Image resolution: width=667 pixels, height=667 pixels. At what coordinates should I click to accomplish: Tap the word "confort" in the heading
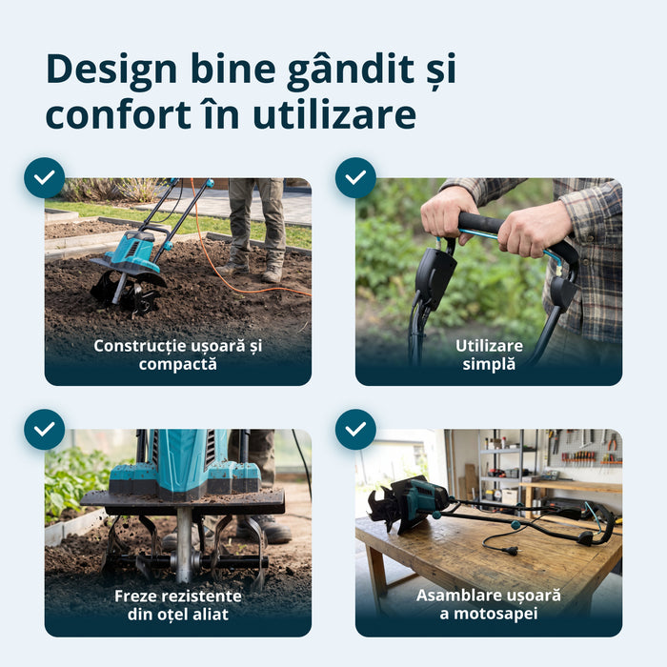(118, 114)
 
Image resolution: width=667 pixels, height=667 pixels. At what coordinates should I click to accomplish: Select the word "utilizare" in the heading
(334, 114)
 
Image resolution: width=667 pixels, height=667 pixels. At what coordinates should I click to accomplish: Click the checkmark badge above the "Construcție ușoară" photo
(45, 178)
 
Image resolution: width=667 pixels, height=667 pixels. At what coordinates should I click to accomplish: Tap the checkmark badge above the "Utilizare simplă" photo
(355, 178)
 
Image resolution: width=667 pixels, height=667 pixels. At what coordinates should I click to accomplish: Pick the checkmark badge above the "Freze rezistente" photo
(45, 429)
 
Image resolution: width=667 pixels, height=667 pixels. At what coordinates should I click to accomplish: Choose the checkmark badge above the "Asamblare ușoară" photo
(355, 429)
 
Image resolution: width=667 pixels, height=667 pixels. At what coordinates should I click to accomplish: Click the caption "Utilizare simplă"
(489, 354)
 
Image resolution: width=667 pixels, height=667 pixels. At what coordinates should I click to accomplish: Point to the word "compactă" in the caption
(178, 365)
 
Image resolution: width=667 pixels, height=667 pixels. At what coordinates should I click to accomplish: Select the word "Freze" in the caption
(135, 596)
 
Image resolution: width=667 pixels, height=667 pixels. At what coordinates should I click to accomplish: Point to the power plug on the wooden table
(510, 550)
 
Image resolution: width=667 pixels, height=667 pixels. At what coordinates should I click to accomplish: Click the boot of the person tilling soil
(273, 273)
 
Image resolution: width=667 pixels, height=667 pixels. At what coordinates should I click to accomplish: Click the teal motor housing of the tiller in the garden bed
(132, 252)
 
